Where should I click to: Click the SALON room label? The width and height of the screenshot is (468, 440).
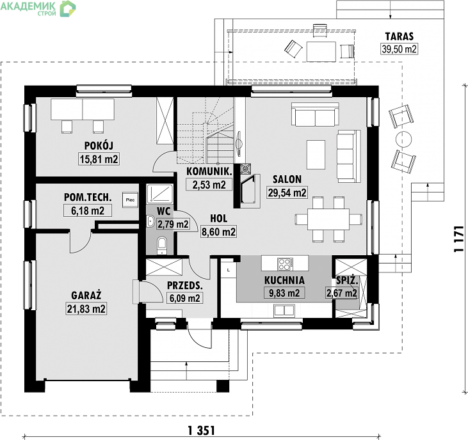[287, 179]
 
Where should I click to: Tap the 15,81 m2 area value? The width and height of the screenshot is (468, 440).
[99, 159]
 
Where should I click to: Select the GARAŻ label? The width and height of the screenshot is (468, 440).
[86, 295]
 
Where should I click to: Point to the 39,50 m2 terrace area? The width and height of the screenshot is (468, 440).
[399, 49]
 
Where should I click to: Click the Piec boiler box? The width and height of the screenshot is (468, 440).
[130, 200]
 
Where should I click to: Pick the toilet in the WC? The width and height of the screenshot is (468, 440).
[162, 244]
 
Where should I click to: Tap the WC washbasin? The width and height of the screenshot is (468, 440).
[150, 221]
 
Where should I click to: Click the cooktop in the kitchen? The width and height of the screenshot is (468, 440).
[285, 264]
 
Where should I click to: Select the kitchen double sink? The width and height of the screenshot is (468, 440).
[284, 310]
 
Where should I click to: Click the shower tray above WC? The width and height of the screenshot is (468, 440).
[160, 194]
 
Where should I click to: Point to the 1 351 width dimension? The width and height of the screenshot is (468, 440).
[202, 430]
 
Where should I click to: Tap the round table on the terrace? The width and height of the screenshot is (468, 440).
[403, 139]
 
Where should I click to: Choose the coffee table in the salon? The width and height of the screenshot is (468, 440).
[316, 155]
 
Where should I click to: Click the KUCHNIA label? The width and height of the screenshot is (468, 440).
[284, 280]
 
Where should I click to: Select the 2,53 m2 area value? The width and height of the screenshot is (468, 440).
[209, 185]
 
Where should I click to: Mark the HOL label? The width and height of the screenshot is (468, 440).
[218, 218]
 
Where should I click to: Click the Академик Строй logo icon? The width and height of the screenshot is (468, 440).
[68, 8]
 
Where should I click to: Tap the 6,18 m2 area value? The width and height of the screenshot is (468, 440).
[88, 210]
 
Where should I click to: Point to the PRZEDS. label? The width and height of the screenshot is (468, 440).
[185, 285]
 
